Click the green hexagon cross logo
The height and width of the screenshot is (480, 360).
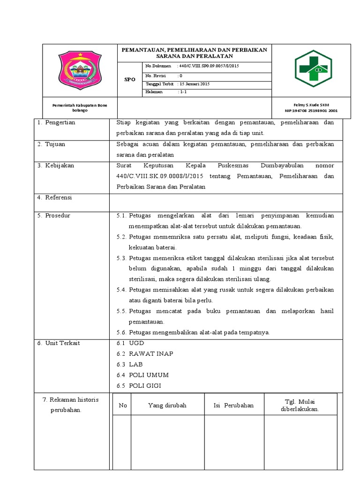(313, 69)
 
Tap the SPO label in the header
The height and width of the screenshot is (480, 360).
(129, 80)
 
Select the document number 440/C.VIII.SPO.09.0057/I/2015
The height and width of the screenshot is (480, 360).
(209, 67)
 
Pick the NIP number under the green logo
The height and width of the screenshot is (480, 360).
(311, 111)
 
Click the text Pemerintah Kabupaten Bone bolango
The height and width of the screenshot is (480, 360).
(80, 108)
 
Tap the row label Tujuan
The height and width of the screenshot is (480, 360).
(55, 144)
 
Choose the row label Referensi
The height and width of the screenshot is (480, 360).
(58, 198)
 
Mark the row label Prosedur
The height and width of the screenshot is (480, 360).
(57, 216)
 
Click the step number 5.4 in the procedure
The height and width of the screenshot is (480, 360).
(121, 290)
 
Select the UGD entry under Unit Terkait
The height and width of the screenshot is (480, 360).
(136, 343)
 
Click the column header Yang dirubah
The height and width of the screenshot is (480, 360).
(167, 405)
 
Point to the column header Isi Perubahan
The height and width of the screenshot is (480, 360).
(233, 405)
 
